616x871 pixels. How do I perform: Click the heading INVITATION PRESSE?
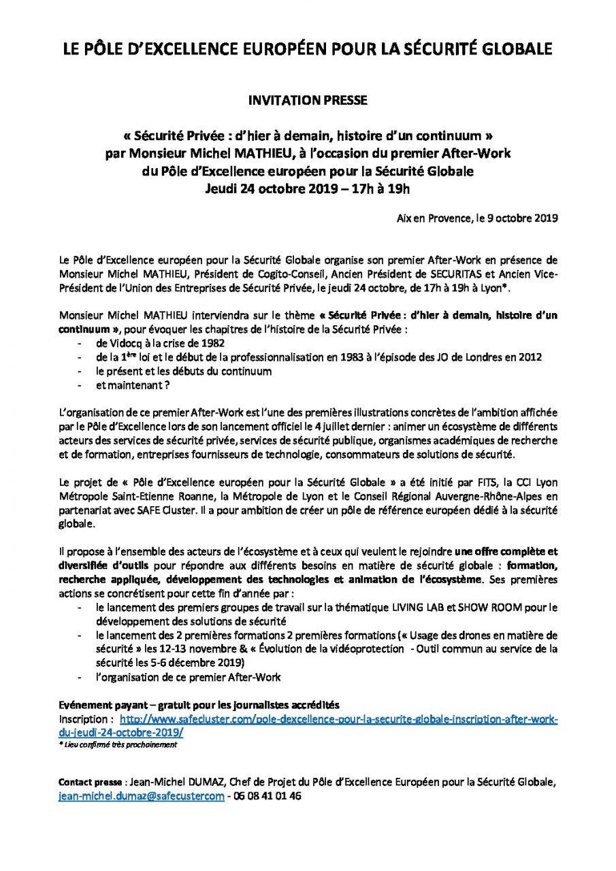(x=308, y=100)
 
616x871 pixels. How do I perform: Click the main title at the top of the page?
(x=308, y=49)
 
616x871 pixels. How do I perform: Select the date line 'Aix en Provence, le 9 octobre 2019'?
(x=477, y=218)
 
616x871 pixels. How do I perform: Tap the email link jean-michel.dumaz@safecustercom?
(x=142, y=796)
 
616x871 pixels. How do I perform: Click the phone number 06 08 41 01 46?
(x=268, y=796)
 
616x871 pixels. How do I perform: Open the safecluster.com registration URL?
(x=338, y=719)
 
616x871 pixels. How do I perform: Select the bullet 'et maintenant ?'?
(x=133, y=385)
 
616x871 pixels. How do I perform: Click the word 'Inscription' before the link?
(x=84, y=719)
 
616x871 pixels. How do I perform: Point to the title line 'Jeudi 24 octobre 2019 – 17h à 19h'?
(x=308, y=188)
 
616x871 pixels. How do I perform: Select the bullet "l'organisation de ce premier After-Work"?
(x=189, y=677)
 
